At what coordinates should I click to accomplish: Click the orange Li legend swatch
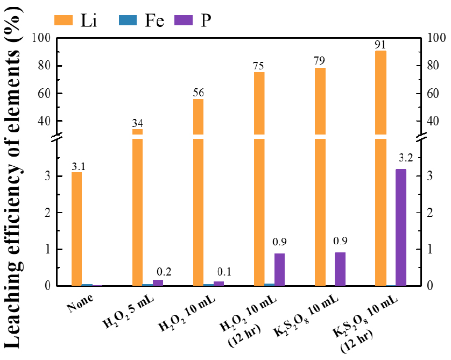pos(66,20)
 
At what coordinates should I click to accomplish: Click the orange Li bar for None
pos(76,229)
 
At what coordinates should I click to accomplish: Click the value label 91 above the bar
pos(380,44)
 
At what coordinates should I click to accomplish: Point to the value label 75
pos(259,66)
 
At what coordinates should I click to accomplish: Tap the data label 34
pos(137,123)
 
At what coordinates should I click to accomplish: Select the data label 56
pos(198,93)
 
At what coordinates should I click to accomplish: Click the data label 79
pos(320,62)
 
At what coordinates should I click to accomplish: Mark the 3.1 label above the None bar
pos(78,166)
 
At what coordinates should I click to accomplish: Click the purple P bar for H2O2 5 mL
pos(158,283)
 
